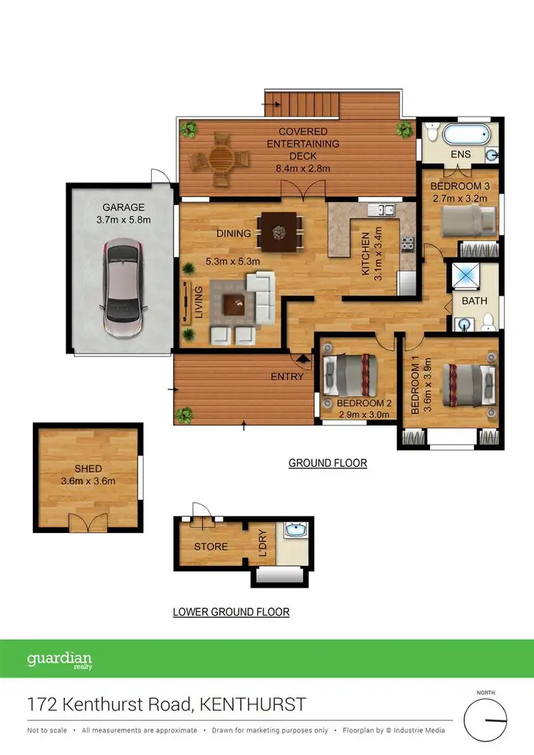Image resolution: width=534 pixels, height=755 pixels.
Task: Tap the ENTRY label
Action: pyautogui.click(x=287, y=376)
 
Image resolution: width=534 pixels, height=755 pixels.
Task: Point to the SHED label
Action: pyautogui.click(x=88, y=469)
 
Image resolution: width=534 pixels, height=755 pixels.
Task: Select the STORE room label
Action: pyautogui.click(x=211, y=547)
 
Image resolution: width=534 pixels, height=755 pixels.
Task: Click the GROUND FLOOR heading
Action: pyautogui.click(x=328, y=463)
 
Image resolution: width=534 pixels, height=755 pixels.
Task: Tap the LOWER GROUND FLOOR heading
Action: pyautogui.click(x=231, y=611)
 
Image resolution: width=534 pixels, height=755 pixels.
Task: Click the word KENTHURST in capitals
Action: pyautogui.click(x=253, y=704)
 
